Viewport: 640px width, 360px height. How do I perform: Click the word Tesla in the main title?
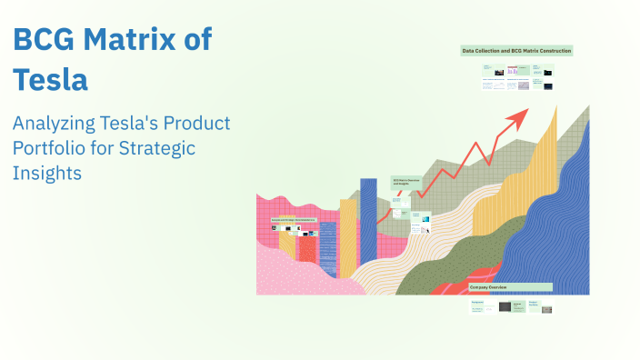pyautogui.click(x=50, y=80)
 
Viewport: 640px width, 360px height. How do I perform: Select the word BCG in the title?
pyautogui.click(x=44, y=40)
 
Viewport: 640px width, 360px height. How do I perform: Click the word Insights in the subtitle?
pyautogui.click(x=47, y=172)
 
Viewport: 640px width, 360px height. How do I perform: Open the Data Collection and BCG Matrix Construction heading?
pyautogui.click(x=516, y=51)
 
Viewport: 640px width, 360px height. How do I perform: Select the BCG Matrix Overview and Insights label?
pyautogui.click(x=406, y=182)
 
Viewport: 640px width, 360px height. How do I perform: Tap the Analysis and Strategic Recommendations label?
pyautogui.click(x=293, y=220)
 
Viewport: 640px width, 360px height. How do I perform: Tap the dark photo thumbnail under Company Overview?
pyautogui.click(x=505, y=306)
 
